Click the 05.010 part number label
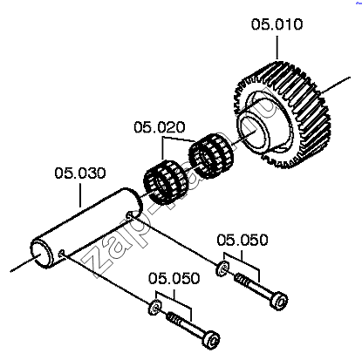tap(277, 24)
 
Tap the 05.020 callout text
tap(160, 127)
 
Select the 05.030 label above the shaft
tap(80, 173)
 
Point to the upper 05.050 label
tap(242, 240)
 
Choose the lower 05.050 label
tap(174, 278)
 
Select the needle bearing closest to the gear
tap(211, 156)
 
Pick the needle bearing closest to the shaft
tap(166, 182)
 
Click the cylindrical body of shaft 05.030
tap(87, 227)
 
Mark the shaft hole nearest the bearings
tap(129, 215)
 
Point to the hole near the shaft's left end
tap(61, 254)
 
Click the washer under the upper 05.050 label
tap(222, 268)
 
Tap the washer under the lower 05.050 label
tap(155, 307)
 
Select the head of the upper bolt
tap(278, 301)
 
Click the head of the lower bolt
tap(211, 339)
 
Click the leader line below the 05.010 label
tap(277, 48)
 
